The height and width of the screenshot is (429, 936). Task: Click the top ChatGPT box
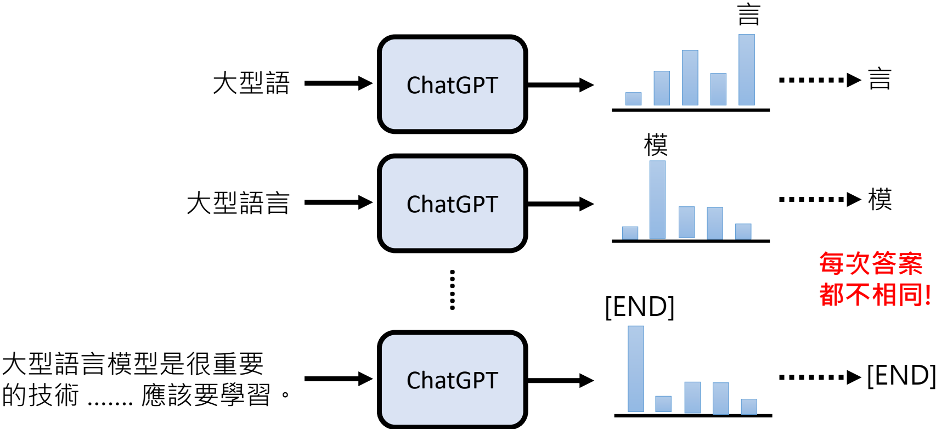(452, 84)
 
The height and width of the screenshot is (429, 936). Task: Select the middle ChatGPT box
(452, 204)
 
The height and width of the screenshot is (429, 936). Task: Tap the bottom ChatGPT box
(452, 380)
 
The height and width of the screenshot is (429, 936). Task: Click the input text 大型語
(251, 83)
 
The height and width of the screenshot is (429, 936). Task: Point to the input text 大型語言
(238, 203)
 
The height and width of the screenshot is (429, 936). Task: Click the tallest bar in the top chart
(746, 70)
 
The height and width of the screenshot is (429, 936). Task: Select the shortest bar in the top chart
(633, 99)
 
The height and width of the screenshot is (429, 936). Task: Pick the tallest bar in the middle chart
(657, 200)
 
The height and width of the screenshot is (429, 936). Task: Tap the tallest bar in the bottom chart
(635, 369)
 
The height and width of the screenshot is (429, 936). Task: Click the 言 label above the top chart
(748, 15)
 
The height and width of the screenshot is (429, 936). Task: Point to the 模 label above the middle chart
(656, 145)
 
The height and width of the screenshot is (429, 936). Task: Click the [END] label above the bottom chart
(639, 306)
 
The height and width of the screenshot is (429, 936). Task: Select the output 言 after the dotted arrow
(879, 79)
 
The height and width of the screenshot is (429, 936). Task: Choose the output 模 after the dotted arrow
(879, 199)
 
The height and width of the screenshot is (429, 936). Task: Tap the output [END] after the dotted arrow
(901, 376)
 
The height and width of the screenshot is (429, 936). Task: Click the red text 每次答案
(871, 264)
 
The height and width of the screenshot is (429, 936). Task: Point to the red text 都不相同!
(875, 295)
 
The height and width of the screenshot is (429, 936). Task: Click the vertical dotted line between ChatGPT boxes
(452, 290)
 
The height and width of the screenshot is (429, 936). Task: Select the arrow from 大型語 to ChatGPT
(338, 83)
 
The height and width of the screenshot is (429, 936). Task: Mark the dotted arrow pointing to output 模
(820, 199)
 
